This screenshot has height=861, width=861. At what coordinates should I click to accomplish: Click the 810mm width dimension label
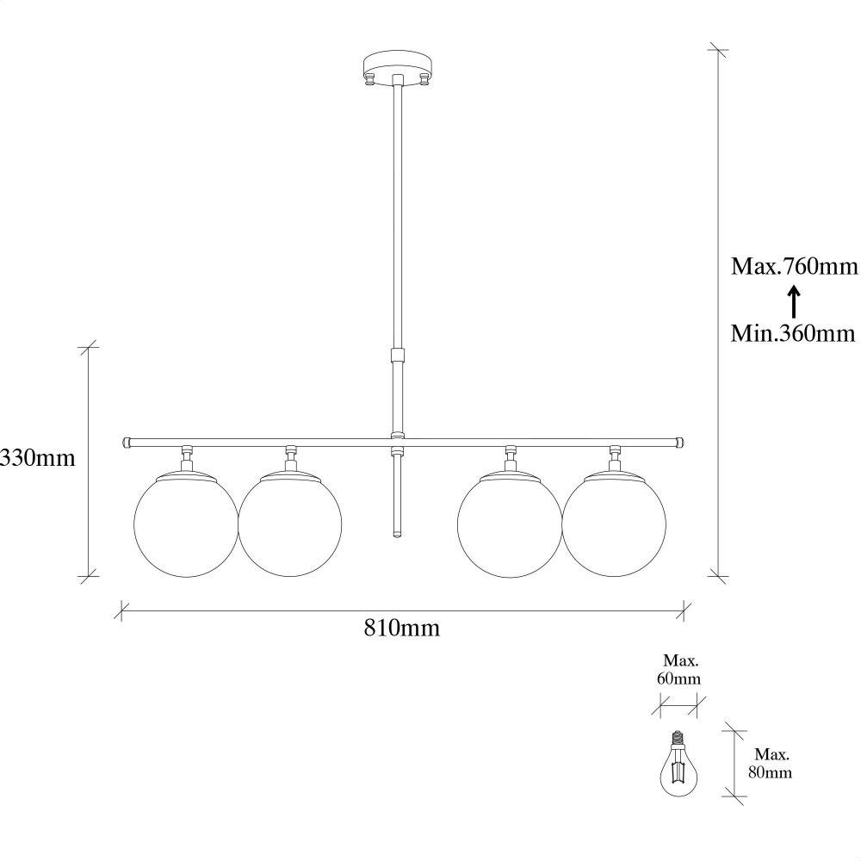[401, 629]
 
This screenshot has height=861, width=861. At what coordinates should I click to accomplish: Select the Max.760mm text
[795, 266]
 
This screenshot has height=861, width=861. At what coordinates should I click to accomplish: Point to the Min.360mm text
[794, 332]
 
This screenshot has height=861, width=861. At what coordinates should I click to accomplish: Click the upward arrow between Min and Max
[794, 300]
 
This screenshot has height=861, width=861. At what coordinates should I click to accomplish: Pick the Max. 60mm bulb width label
[678, 670]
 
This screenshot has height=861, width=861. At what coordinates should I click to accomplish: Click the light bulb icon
[678, 765]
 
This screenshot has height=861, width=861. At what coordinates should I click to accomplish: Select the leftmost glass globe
[186, 525]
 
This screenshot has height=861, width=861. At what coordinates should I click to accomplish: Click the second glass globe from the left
[290, 525]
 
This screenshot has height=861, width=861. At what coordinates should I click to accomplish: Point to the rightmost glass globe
[614, 525]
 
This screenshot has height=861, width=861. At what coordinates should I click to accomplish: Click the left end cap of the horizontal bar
[127, 442]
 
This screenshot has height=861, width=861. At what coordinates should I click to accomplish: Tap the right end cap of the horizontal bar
[680, 442]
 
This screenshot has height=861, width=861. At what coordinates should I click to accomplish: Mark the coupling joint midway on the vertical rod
[397, 356]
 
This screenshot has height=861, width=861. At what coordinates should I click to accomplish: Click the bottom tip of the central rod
[397, 533]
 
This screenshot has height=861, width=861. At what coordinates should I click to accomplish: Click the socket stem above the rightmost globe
[615, 458]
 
